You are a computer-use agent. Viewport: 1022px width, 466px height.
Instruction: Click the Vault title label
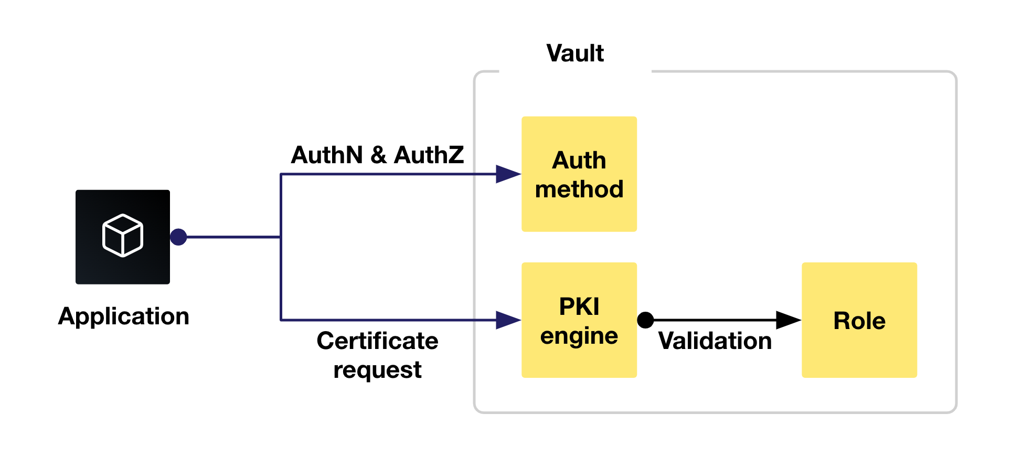pyautogui.click(x=575, y=54)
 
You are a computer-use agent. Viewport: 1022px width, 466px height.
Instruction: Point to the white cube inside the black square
pyautogui.click(x=122, y=235)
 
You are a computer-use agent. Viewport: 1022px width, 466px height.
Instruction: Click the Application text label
pyautogui.click(x=124, y=316)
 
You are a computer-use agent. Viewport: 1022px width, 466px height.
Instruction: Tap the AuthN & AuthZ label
pyautogui.click(x=377, y=155)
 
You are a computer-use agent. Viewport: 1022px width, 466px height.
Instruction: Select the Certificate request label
pyautogui.click(x=377, y=355)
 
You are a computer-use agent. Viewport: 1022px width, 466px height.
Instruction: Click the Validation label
pyautogui.click(x=715, y=341)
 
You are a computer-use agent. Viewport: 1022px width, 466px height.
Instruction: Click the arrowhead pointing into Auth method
pyautogui.click(x=507, y=174)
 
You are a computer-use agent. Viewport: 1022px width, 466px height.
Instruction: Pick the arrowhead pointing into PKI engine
pyautogui.click(x=507, y=320)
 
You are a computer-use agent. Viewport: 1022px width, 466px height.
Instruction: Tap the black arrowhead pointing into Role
pyautogui.click(x=787, y=320)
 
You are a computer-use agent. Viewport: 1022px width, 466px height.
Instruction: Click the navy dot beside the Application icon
pyautogui.click(x=178, y=237)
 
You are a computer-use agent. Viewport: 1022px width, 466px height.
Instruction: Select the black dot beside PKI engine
pyautogui.click(x=645, y=320)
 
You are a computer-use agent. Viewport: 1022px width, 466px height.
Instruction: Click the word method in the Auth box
pyautogui.click(x=579, y=189)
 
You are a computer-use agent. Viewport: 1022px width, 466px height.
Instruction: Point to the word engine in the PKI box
pyautogui.click(x=579, y=336)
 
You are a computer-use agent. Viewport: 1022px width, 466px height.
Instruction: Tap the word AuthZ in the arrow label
pyautogui.click(x=429, y=155)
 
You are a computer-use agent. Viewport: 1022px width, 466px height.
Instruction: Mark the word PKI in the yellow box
pyautogui.click(x=579, y=306)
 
